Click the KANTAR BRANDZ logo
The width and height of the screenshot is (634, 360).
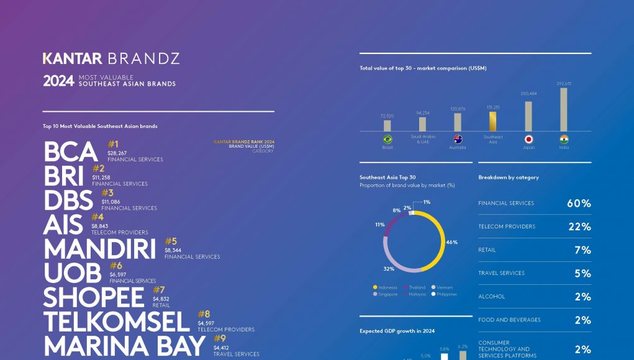pos(111,59)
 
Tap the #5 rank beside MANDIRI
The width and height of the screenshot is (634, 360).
pos(171,241)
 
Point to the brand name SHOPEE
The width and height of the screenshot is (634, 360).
pos(94,297)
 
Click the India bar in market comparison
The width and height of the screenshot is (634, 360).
pos(564,109)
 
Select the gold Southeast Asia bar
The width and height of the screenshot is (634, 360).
pos(492,121)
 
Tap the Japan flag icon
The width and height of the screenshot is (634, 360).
pos(529,139)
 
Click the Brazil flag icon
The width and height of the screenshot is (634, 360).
pos(387,139)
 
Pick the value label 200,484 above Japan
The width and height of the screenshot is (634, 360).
pos(529,94)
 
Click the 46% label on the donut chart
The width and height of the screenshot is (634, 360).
pos(451,242)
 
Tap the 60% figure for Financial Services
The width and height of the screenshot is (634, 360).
pos(579,204)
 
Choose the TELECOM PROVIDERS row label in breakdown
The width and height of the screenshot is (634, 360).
pos(507,227)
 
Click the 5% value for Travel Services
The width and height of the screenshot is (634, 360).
pos(582,273)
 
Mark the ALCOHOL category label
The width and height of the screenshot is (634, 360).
pos(492,297)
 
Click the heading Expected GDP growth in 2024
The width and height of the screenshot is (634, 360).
pos(397,331)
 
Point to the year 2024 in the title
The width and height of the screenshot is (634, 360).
pos(59,81)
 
